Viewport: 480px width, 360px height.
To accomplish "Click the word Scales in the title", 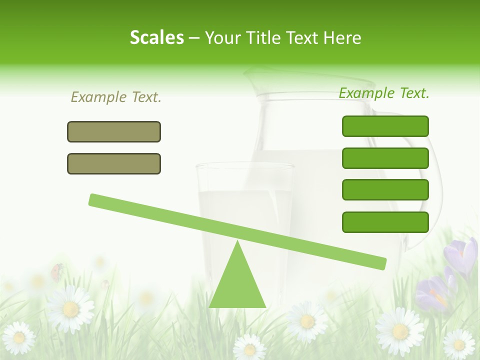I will pos(156,37).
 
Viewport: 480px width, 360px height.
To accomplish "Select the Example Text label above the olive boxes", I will pos(116,97).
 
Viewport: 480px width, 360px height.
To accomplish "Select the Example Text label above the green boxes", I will pos(384,93).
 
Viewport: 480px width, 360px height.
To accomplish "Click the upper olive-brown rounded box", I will pos(114,132).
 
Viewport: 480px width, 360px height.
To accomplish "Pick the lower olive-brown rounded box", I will pos(114,164).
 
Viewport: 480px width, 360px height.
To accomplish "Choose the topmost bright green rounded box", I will pos(385,126).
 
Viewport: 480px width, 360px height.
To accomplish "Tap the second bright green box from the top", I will pos(385,158).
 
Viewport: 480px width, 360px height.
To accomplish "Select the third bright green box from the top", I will pos(385,190).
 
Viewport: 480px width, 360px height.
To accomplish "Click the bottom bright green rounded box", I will pos(385,222).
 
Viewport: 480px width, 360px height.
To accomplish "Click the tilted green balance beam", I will pos(237,231).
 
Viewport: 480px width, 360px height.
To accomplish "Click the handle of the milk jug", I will pos(425,190).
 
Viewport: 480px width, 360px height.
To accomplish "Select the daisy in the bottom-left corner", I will pos(19,338).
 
